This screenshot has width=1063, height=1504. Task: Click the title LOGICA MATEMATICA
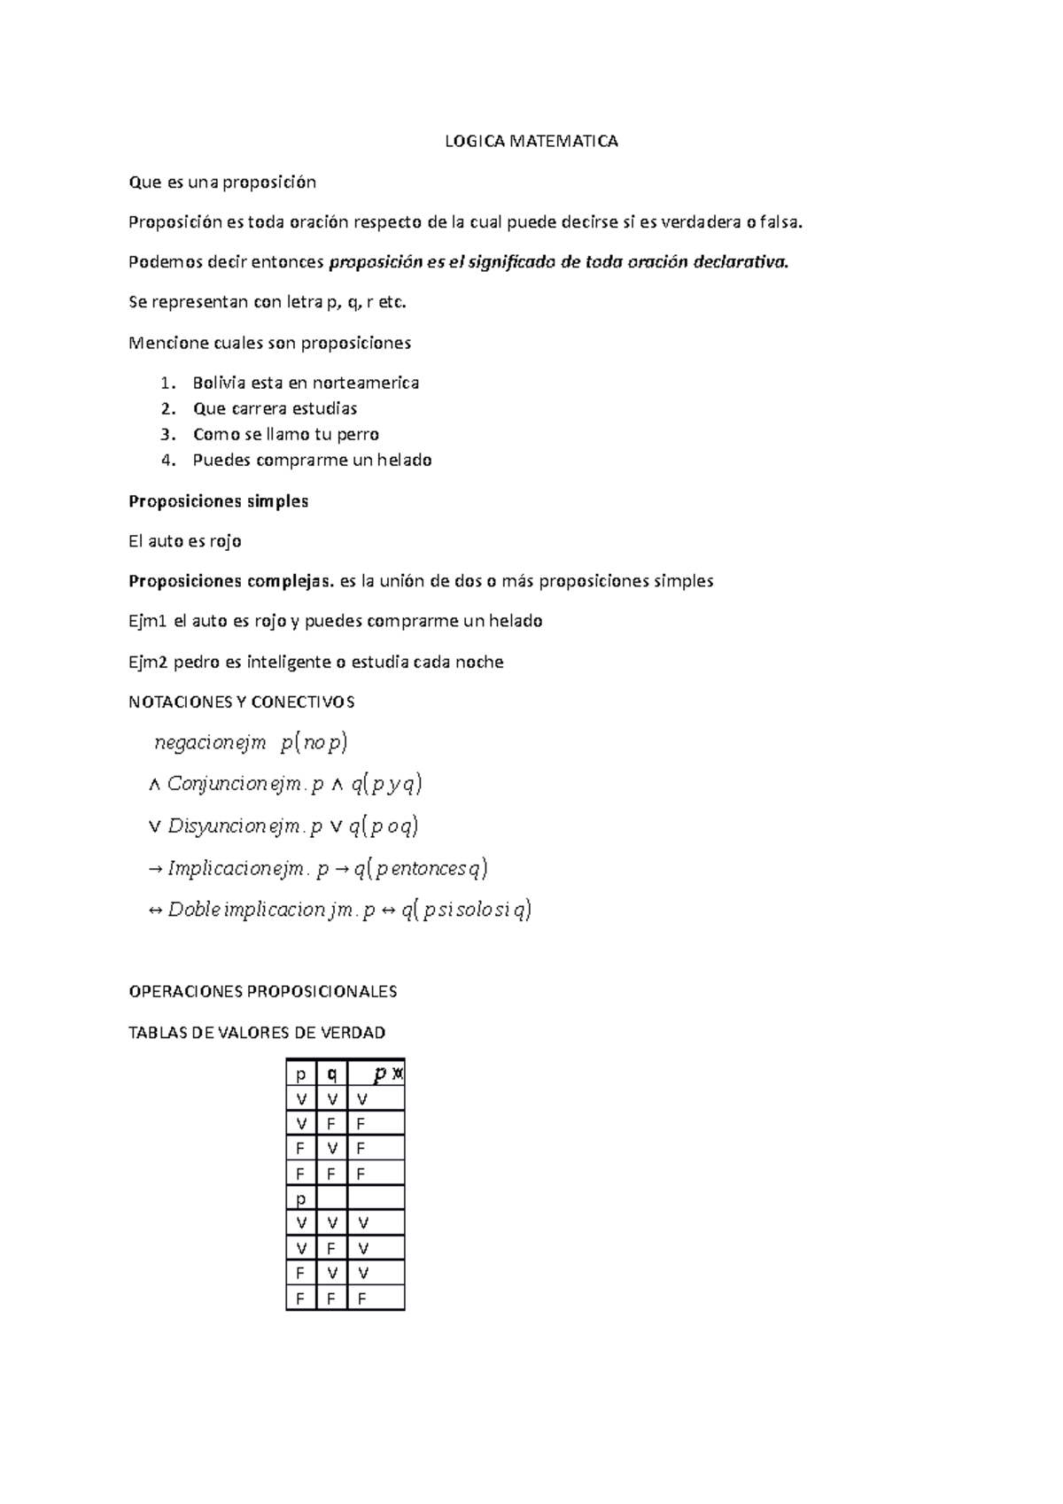531,142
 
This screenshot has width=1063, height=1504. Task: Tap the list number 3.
166,435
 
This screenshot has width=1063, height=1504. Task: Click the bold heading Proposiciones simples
218,501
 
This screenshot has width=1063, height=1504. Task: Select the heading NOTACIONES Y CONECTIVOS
241,702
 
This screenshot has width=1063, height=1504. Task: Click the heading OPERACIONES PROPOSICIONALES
262,992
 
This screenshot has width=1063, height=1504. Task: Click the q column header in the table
331,1074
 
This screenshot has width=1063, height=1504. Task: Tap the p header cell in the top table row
300,1074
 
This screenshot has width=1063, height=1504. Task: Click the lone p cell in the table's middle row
300,1198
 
